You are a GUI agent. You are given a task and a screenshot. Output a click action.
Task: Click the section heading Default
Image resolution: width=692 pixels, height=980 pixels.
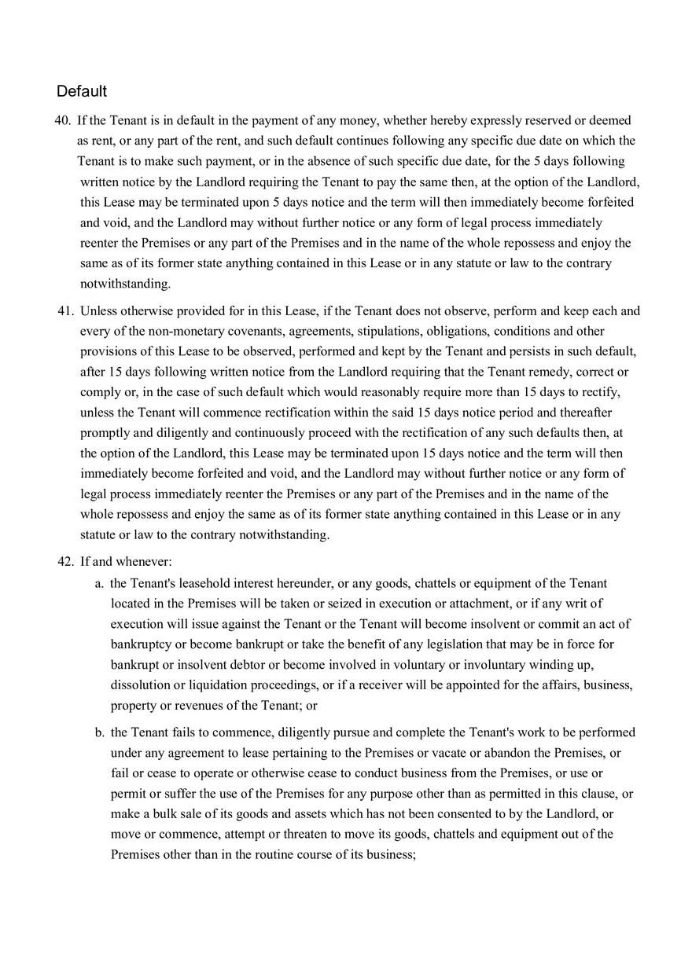[81, 91]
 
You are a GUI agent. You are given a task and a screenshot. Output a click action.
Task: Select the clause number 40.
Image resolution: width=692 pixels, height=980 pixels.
[62, 120]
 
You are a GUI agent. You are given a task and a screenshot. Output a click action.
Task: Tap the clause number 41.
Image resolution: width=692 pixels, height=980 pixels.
[65, 310]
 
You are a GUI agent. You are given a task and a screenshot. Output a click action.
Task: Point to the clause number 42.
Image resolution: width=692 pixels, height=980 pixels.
[65, 562]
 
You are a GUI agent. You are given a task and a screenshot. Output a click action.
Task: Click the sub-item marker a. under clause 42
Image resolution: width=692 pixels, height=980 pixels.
[99, 583]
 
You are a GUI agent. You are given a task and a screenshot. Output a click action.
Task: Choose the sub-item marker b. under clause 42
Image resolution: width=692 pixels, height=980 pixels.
[99, 732]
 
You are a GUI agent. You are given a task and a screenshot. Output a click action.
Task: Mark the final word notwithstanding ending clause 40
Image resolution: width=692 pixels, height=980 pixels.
[124, 284]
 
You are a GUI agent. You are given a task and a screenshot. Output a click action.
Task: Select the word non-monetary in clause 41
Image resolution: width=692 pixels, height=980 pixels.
[188, 331]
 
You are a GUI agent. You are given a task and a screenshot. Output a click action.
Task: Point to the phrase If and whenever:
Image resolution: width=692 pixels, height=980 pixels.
[126, 562]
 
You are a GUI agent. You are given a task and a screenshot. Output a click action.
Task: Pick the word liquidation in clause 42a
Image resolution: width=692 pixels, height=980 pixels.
[208, 685]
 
